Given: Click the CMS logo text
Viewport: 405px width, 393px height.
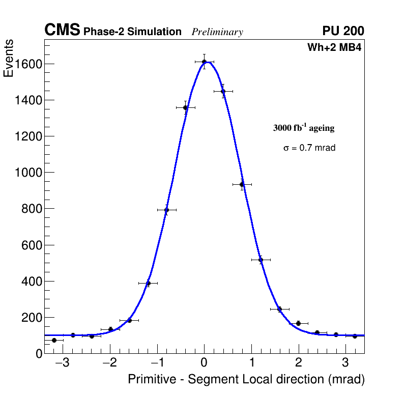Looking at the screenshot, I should coord(62,31).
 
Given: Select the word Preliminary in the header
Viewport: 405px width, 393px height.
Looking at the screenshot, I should coord(217,32).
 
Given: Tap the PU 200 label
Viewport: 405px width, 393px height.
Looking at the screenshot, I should coord(343,31).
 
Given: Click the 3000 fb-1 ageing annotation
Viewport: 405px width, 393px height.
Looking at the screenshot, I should coord(304,128).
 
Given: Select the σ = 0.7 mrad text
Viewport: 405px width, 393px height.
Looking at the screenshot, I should coord(309,148).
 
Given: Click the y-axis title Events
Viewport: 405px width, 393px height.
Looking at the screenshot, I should coord(9,59).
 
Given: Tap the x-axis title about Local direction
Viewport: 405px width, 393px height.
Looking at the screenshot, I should coord(246,380).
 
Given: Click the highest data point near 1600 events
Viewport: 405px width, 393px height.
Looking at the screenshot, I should coord(204,62).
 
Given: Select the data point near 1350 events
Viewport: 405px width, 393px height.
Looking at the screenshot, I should coord(185,107).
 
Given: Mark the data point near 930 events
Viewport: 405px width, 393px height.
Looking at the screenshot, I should coord(242,184).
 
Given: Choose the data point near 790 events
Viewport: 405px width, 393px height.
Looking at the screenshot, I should coord(166,210).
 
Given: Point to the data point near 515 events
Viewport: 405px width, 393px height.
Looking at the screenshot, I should coord(261,260).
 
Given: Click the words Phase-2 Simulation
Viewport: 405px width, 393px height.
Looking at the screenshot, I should coord(132,32).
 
